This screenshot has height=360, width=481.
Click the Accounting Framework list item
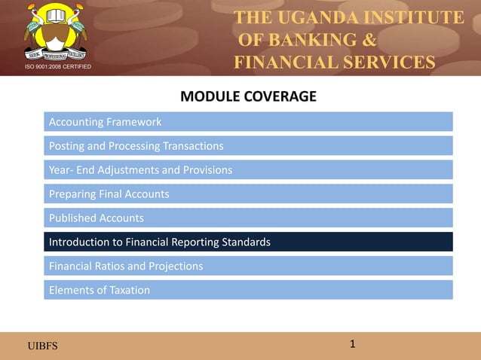[x=248, y=121]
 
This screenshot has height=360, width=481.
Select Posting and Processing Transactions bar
[x=248, y=145]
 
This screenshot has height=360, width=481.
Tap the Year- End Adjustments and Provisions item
[x=248, y=169]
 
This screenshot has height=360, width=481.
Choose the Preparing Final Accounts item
[x=248, y=194]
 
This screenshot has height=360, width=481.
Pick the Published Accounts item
[x=248, y=218]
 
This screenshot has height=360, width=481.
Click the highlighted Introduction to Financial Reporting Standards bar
[x=248, y=242]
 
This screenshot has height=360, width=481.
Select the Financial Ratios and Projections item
[x=248, y=266]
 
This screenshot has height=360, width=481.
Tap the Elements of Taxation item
[x=248, y=290]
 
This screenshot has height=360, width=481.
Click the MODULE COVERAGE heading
[x=248, y=96]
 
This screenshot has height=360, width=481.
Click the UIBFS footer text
[x=42, y=346]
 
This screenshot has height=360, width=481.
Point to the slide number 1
[x=352, y=344]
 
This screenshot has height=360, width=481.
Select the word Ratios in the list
[x=119, y=266]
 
